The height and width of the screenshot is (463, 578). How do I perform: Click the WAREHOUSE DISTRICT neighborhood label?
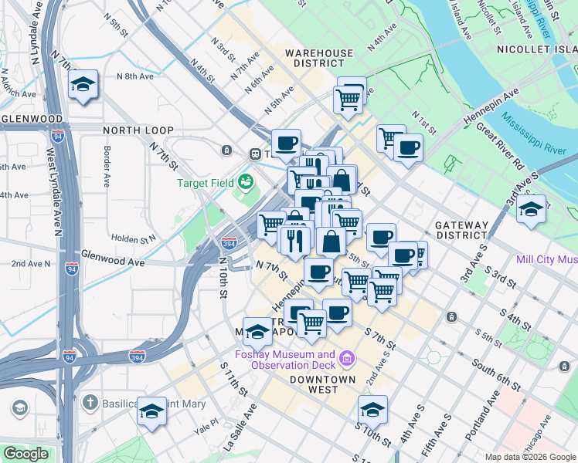319,59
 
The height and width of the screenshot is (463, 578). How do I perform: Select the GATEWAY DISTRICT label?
461,230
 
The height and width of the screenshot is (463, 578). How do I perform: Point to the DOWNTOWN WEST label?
322,384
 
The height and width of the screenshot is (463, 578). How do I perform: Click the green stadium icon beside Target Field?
246,182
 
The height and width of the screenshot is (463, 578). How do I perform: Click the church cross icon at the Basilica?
90,402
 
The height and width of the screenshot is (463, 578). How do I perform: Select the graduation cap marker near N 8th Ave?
82,86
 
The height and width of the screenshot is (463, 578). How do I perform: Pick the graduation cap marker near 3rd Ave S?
531,209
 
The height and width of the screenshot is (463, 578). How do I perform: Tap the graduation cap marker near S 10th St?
372,410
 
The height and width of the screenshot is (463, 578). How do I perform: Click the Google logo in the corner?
25,454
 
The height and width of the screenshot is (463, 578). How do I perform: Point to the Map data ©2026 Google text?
530,457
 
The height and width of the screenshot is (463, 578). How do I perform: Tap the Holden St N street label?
133,238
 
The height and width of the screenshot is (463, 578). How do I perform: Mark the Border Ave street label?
107,158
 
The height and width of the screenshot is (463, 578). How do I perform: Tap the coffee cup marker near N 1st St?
408,147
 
